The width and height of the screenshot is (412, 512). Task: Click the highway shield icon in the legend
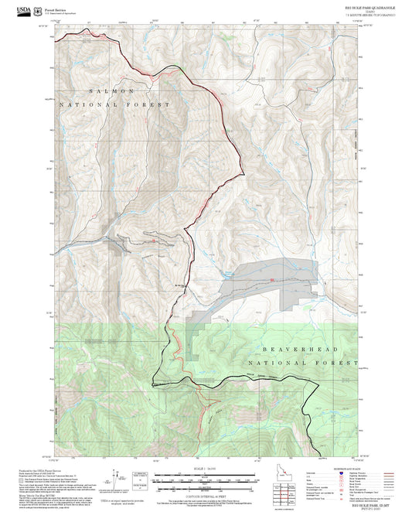(x=358, y=472)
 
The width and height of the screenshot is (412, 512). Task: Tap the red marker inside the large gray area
(x=271, y=280)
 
